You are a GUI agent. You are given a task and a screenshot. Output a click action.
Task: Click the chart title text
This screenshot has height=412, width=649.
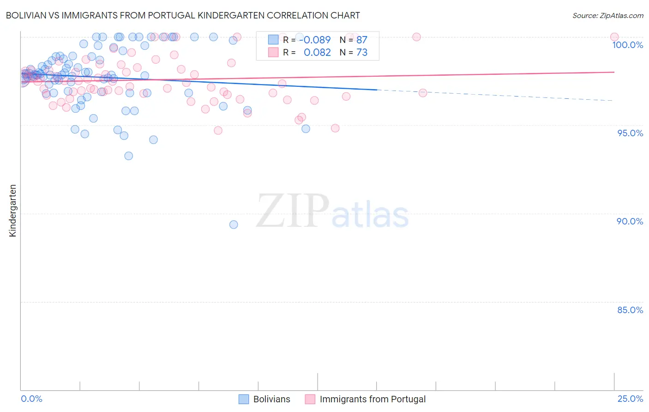[183, 15]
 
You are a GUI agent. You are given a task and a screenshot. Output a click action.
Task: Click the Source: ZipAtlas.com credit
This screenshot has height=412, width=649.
[607, 15]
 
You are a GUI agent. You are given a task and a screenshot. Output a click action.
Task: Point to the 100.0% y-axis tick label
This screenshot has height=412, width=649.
[627, 45]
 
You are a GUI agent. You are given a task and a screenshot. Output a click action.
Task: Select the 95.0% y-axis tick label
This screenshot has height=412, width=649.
[630, 133]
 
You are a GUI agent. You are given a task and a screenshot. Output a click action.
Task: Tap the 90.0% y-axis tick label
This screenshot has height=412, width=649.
[630, 221]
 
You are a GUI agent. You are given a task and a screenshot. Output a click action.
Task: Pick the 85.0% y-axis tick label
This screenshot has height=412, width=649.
[630, 310]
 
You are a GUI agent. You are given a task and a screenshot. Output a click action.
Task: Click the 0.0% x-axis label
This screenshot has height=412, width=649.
[31, 399]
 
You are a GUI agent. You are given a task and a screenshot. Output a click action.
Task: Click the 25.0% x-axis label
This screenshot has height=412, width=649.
[630, 399]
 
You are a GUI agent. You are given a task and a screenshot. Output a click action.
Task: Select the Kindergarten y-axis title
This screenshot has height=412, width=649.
[12, 211]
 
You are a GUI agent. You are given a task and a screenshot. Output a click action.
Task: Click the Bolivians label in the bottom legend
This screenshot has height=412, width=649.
[271, 399]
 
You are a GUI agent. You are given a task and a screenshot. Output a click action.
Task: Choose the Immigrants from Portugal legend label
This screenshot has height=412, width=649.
[373, 399]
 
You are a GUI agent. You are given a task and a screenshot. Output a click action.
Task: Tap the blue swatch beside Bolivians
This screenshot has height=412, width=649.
[244, 399]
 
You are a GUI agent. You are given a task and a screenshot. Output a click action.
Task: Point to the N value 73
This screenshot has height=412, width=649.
[362, 53]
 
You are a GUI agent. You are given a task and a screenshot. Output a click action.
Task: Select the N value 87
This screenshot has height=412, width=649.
[362, 40]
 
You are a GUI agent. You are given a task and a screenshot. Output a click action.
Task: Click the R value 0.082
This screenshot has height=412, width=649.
[317, 53]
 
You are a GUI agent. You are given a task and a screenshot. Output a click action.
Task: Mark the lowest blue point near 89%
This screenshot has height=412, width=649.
[234, 224]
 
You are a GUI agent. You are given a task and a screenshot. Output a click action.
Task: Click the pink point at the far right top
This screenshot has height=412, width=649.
[614, 37]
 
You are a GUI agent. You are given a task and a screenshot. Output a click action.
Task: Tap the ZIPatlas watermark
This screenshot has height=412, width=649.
[332, 212]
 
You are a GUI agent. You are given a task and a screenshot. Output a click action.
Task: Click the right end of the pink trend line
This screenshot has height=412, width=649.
[614, 72]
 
